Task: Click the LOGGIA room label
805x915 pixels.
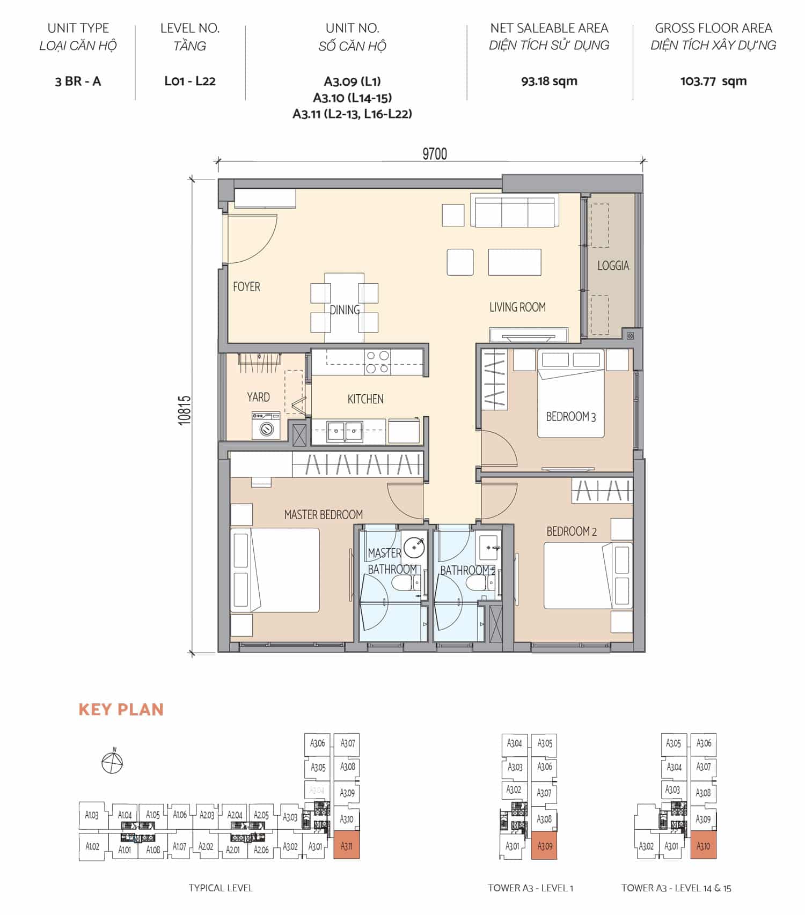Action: (x=613, y=265)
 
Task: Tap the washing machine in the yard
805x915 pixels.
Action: (x=266, y=426)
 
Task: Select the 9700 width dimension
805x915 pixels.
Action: (x=435, y=154)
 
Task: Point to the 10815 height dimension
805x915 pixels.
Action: (x=185, y=410)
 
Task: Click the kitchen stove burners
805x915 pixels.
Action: (x=377, y=362)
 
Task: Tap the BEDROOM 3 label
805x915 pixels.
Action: (x=570, y=417)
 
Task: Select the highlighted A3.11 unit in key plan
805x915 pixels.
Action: (x=347, y=846)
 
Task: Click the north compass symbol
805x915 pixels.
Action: (x=112, y=762)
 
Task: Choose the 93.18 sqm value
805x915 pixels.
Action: (x=549, y=82)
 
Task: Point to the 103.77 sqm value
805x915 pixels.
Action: (x=713, y=82)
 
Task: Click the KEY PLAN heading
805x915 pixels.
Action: (x=121, y=710)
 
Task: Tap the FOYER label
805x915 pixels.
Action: (x=246, y=287)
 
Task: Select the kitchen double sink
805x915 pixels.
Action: (x=345, y=431)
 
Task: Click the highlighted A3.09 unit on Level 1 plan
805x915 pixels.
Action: (x=544, y=846)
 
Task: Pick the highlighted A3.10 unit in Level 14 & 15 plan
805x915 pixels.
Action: (x=703, y=846)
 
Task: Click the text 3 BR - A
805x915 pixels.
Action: (x=78, y=82)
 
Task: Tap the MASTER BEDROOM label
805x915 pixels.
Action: (x=323, y=515)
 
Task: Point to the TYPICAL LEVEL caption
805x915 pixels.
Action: (x=221, y=888)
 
